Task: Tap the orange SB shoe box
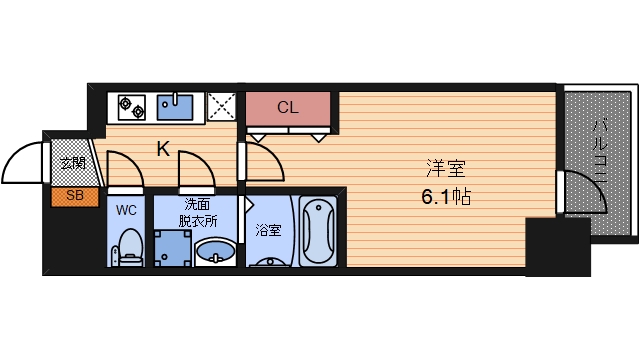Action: pyautogui.click(x=74, y=195)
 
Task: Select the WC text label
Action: pyautogui.click(x=126, y=211)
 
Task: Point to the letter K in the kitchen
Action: pyautogui.click(x=163, y=149)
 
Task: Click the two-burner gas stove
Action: pyautogui.click(x=132, y=105)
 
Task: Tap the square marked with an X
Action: pyautogui.click(x=221, y=106)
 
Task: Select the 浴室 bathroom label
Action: pyautogui.click(x=267, y=228)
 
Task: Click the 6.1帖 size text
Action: pyautogui.click(x=445, y=196)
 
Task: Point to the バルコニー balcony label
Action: pyautogui.click(x=601, y=150)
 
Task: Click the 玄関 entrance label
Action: pyautogui.click(x=72, y=162)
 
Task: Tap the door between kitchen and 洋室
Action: pyautogui.click(x=258, y=159)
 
